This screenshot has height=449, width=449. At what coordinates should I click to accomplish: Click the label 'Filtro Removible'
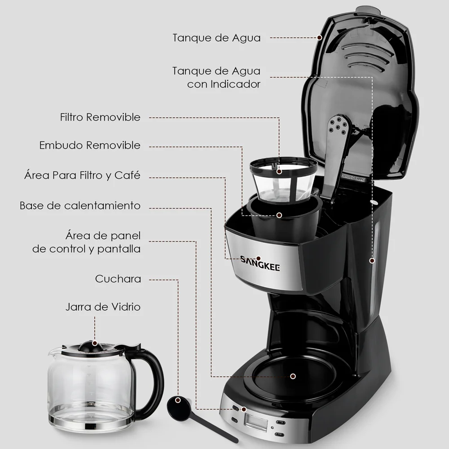100,117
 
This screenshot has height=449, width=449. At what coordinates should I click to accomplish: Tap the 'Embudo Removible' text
90,145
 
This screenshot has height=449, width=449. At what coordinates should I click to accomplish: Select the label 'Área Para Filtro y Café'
83,175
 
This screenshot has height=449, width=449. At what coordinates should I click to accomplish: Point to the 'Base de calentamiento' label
80,206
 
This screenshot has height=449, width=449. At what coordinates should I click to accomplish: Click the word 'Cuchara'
118,279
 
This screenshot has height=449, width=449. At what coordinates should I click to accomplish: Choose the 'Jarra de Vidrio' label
103,307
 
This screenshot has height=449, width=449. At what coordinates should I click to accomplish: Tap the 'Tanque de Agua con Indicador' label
216,77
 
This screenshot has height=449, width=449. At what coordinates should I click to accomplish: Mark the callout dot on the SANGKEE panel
258,259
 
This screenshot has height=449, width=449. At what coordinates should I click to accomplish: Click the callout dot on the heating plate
293,376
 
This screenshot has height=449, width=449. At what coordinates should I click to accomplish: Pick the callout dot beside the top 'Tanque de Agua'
320,38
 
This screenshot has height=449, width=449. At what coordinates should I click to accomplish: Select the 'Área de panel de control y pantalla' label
87,242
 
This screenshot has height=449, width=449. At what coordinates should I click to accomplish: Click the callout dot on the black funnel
279,215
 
